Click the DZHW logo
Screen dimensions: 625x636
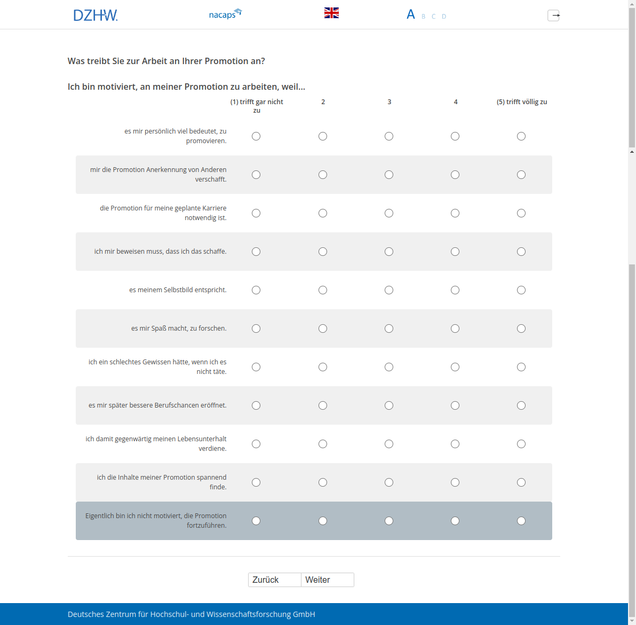(x=96, y=15)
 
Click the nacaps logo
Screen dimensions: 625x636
(x=225, y=14)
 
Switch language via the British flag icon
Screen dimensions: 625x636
(x=331, y=13)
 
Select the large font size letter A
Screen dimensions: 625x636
(x=410, y=14)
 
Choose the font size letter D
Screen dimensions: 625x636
(x=444, y=17)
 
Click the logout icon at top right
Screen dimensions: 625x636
(x=553, y=15)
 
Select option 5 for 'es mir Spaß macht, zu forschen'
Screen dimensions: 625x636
(x=521, y=329)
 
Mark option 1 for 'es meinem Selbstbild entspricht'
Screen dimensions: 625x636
(x=256, y=290)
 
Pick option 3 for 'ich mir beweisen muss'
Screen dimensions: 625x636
(x=389, y=252)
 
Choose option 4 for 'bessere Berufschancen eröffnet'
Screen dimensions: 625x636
(x=455, y=405)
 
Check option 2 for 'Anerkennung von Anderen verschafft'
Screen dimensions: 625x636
(x=323, y=175)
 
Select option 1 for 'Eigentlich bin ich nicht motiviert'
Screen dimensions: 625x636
(x=256, y=521)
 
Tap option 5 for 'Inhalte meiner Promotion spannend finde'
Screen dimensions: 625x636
(x=521, y=482)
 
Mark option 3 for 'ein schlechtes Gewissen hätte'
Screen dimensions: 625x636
(x=389, y=367)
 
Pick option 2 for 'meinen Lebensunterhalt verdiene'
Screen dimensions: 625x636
(x=323, y=444)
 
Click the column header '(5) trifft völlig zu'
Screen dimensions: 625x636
(x=522, y=101)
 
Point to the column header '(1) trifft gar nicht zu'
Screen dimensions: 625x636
(x=257, y=106)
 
